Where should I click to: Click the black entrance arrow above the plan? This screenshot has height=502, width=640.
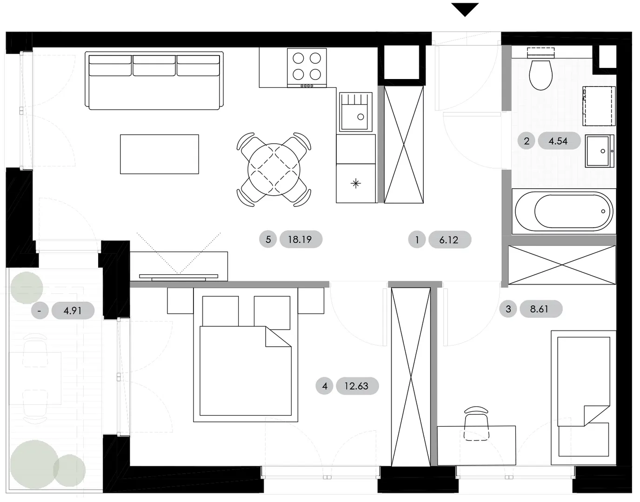pyautogui.click(x=465, y=9)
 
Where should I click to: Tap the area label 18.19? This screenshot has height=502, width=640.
pyautogui.click(x=301, y=239)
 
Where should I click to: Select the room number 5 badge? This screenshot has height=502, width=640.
pyautogui.click(x=268, y=239)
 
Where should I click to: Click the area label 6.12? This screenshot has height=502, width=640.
pyautogui.click(x=450, y=240)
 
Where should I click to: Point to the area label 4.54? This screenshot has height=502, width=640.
pyautogui.click(x=559, y=141)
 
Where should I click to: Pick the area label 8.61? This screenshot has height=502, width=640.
pyautogui.click(x=541, y=309)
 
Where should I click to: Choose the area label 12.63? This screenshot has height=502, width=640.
pyautogui.click(x=357, y=386)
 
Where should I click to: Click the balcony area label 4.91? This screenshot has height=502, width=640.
pyautogui.click(x=73, y=311)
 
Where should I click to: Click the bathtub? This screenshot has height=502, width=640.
pyautogui.click(x=564, y=211)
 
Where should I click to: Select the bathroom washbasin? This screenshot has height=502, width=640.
pyautogui.click(x=600, y=151)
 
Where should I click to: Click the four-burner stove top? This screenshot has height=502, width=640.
pyautogui.click(x=307, y=68)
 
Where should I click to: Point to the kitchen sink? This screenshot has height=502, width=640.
pyautogui.click(x=356, y=112)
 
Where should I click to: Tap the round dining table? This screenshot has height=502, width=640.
pyautogui.click(x=274, y=170)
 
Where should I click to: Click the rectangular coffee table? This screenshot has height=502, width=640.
pyautogui.click(x=160, y=154)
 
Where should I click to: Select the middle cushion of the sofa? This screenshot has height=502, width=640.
pyautogui.click(x=154, y=66)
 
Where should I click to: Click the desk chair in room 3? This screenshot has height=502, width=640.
pyautogui.click(x=476, y=424)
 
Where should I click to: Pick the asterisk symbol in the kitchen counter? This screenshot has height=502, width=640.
pyautogui.click(x=356, y=184)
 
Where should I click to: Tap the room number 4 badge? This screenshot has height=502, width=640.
pyautogui.click(x=325, y=386)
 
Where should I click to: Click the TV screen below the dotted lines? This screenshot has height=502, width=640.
pyautogui.click(x=179, y=276)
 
